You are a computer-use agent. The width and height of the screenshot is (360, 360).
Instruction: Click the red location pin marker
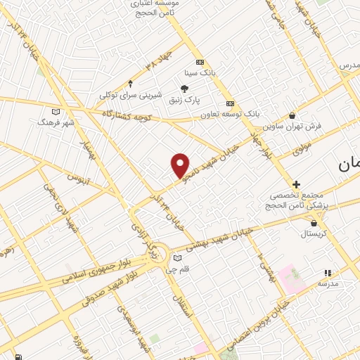click(x=181, y=165)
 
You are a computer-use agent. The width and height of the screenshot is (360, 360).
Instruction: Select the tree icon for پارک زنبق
click(x=184, y=89)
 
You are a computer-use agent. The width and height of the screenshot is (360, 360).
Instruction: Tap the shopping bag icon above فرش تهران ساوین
click(x=292, y=116)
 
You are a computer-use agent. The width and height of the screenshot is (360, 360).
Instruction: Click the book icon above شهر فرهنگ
click(x=56, y=111)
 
